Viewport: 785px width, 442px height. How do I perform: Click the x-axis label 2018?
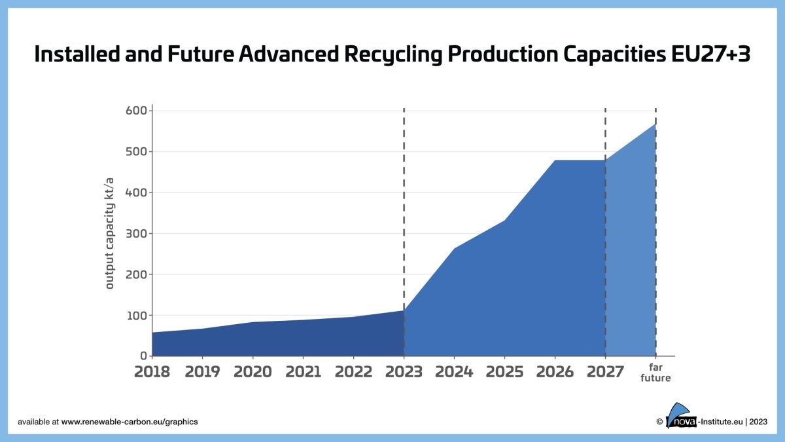tap(152, 372)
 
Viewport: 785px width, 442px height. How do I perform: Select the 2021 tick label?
tap(303, 372)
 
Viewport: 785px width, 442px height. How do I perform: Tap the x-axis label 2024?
tap(454, 372)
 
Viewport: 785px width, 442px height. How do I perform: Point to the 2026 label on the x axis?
tap(555, 372)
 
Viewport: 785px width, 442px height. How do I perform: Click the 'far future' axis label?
tap(655, 373)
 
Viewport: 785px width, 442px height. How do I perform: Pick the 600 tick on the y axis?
tap(135, 111)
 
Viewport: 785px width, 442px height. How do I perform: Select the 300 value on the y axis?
tap(135, 234)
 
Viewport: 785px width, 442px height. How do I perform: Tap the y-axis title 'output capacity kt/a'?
tap(110, 232)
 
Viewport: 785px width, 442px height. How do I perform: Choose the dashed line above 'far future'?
tap(655, 115)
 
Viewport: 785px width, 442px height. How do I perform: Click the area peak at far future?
tap(655, 124)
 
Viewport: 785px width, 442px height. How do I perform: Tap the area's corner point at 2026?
tap(555, 160)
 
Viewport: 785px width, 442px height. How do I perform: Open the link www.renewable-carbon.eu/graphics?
tap(130, 422)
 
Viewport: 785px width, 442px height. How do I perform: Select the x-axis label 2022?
tap(353, 372)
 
